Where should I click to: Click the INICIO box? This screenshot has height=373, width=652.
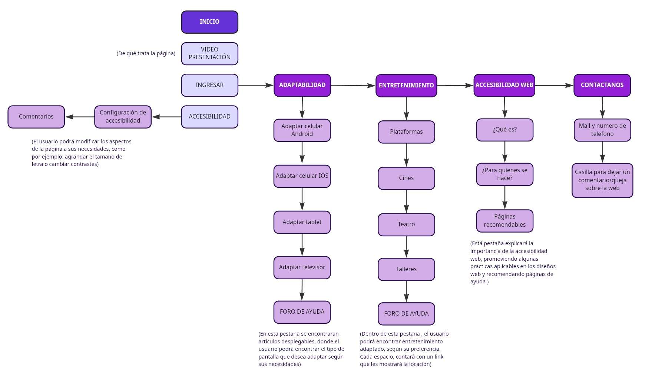coord(209,22)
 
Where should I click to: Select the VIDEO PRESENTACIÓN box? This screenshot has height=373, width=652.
coord(209,53)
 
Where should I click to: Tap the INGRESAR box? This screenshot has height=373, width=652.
coord(209,85)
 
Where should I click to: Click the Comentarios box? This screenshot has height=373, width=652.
coord(36,117)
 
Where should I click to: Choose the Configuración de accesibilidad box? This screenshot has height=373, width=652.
coord(123,117)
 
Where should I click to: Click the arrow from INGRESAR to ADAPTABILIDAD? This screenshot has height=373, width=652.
coord(256,85)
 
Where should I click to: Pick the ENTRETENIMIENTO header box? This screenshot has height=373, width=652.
coord(406,86)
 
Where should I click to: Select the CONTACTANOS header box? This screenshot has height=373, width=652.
coord(602,85)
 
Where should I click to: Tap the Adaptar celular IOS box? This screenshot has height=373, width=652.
coord(302,176)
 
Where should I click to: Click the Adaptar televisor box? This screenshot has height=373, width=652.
coord(302,267)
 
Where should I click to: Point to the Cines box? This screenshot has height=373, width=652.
coord(406,178)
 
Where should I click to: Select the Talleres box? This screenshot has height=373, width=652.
coord(406,269)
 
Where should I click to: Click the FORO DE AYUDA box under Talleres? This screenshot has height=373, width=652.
coord(406,314)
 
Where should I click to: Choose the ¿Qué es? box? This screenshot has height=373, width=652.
coord(504,130)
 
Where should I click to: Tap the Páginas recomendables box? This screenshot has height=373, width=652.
coord(504,221)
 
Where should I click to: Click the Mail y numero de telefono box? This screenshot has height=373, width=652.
coord(602,130)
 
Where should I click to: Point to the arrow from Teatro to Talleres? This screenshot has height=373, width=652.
coord(406,247)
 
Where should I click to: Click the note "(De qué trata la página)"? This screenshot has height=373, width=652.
coord(146,54)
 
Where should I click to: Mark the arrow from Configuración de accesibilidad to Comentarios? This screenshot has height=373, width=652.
coord(80,117)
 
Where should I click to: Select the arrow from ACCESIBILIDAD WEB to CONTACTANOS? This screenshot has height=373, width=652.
coord(554,86)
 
